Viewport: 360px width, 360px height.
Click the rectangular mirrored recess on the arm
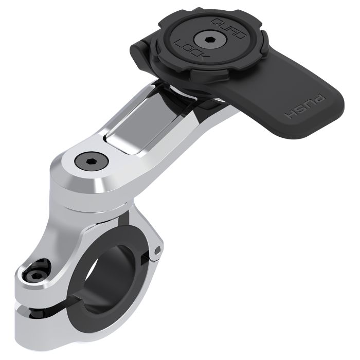click(x=132, y=127)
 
